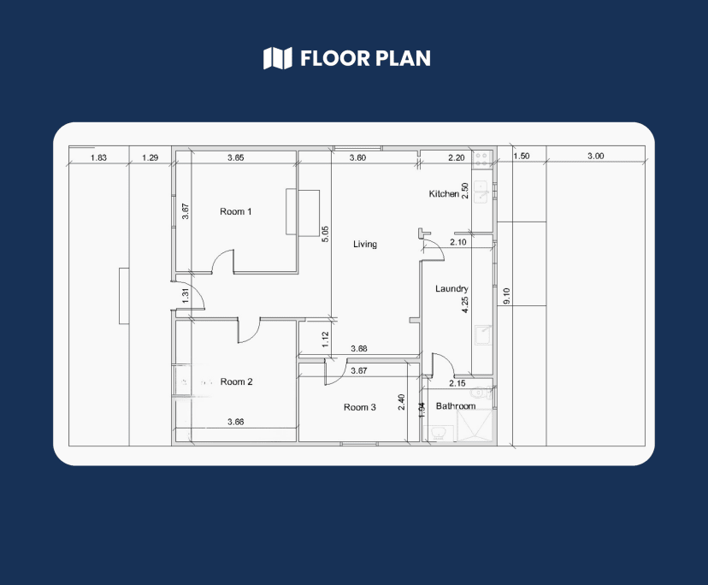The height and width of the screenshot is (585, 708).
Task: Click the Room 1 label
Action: click(x=236, y=211)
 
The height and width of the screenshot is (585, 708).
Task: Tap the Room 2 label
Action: click(x=236, y=381)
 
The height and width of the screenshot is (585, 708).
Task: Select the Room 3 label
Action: click(x=359, y=407)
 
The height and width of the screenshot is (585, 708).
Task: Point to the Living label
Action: click(x=365, y=244)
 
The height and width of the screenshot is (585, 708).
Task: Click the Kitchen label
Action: click(x=444, y=194)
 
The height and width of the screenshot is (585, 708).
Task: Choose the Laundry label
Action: click(x=451, y=289)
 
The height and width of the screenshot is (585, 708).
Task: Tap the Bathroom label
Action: click(x=456, y=405)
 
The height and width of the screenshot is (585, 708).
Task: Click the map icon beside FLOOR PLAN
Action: click(x=278, y=58)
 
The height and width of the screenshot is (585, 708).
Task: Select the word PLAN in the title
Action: click(x=404, y=58)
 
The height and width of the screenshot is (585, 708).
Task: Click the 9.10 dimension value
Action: click(x=506, y=296)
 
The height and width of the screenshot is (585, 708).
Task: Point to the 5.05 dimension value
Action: click(x=325, y=234)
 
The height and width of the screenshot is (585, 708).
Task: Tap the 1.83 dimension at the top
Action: click(x=98, y=157)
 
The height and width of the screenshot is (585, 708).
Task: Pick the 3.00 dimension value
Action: click(x=596, y=156)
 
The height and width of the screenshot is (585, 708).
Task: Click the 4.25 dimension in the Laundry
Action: click(x=465, y=304)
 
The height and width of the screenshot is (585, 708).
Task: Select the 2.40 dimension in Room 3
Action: click(x=401, y=402)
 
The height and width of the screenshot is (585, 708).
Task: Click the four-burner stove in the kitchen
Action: click(x=481, y=158)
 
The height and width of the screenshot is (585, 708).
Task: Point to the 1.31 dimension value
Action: click(x=186, y=295)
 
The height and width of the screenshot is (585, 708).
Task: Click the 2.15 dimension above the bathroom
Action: click(x=457, y=383)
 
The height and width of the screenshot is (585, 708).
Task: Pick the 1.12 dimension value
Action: click(x=325, y=340)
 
